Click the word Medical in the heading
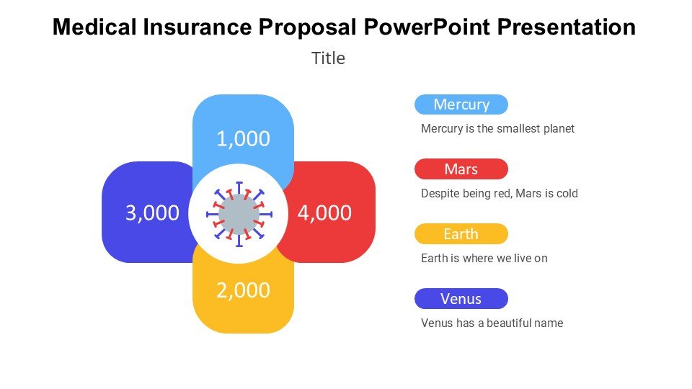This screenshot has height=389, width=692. coord(94,27)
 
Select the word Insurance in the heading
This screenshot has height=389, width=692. coord(198,27)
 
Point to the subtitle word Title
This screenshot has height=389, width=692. coord(329,58)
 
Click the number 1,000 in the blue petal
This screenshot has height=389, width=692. coord(243,139)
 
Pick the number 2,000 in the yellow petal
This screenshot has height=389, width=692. coord(243,290)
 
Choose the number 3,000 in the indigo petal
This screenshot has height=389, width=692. coord(152,213)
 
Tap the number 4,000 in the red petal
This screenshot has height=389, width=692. coord(324,213)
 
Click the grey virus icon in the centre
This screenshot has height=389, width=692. coord(239,215)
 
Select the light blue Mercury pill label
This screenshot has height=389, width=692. coord(461,104)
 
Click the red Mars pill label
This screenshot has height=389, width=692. coord(461,169)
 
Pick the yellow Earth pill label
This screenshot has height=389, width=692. coord(461,233)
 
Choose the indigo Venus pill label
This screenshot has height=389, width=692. coord(461,298)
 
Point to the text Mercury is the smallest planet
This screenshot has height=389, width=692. coord(498,129)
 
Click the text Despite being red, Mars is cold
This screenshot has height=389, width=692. coord(500,194)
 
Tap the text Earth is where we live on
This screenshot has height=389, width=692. coord(484,258)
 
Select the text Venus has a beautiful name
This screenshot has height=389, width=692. coord(492,323)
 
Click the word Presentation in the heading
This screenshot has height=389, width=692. coord(567,27)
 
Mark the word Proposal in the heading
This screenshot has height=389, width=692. coord(308,27)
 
